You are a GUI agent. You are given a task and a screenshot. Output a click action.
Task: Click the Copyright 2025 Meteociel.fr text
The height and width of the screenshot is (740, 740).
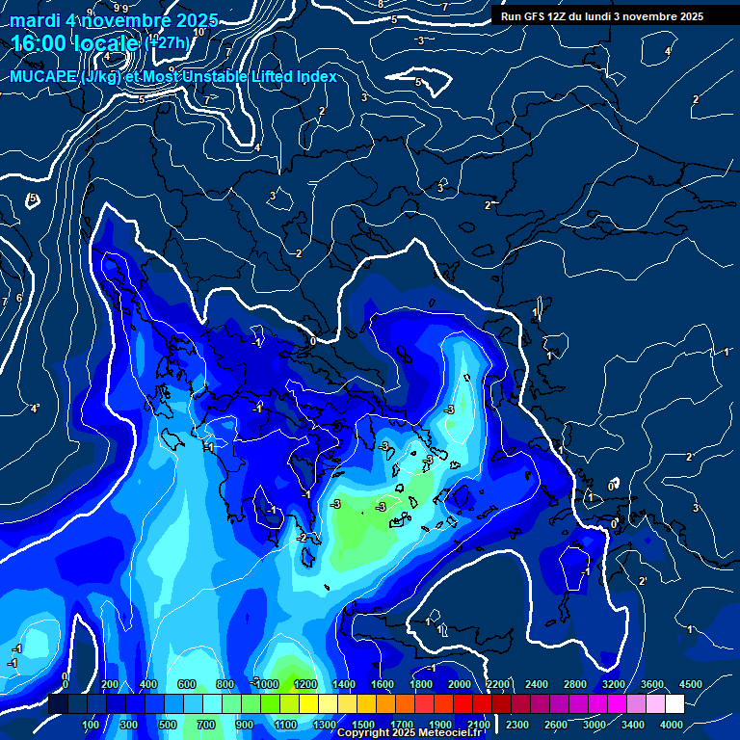coord(409,732)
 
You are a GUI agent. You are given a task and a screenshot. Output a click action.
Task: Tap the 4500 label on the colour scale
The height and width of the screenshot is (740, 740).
coord(690,684)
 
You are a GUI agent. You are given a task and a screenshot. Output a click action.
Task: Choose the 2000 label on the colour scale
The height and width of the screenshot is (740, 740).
coord(460,684)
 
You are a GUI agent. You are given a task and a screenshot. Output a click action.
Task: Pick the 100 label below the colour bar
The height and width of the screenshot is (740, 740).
coord(91,725)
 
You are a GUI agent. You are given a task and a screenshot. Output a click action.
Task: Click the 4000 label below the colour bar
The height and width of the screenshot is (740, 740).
coord(672,725)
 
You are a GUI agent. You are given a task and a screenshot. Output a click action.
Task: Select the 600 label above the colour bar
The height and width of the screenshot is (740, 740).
coord(187,684)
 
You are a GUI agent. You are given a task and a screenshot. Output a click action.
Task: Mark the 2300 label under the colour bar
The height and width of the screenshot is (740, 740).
coord(517,725)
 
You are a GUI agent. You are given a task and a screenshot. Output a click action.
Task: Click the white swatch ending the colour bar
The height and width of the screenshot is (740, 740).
coord(674,704)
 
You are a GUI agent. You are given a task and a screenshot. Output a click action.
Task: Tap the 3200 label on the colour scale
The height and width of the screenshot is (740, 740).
coord(614,684)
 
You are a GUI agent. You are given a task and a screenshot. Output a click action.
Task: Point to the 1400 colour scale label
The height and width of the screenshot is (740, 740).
coord(344,684)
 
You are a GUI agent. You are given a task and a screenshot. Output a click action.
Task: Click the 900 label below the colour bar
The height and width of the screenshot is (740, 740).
coord(245,725)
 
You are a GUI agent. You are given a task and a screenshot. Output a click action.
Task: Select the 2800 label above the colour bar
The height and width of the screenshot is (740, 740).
coord(575,684)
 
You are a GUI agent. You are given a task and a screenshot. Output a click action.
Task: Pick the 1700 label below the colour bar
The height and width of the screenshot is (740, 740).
coord(402,725)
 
